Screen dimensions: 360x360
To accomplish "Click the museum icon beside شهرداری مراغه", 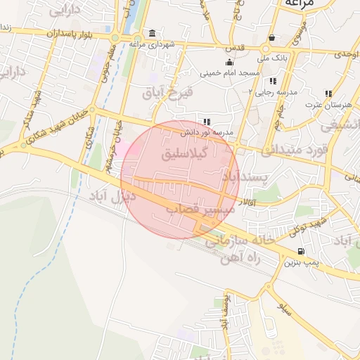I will (153, 34).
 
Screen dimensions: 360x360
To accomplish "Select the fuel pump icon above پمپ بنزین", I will (302, 252).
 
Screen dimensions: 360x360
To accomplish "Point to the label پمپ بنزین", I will (302, 263).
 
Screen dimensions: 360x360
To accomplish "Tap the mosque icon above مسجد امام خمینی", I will (229, 62).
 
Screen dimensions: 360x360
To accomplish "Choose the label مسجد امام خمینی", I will (230, 72).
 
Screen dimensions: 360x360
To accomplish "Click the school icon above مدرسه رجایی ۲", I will (273, 82).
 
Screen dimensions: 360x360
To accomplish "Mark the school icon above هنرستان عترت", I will (328, 94).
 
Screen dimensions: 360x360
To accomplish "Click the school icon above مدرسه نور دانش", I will (207, 121).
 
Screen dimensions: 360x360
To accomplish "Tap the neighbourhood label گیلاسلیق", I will (186, 153).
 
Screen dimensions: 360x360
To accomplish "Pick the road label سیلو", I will (285, 308).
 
